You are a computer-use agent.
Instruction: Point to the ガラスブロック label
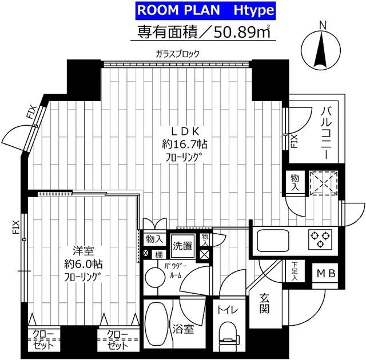pyautogui.click(x=177, y=54)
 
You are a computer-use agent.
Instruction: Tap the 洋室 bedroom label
pyautogui.click(x=80, y=250)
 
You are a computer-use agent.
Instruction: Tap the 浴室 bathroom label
pyautogui.click(x=188, y=329)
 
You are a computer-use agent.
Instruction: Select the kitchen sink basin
pyautogui.click(x=273, y=239)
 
